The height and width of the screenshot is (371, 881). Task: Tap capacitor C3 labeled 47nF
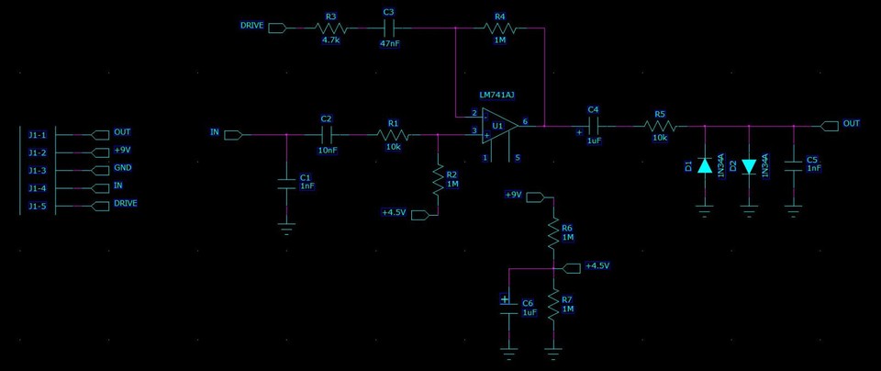pos(388,28)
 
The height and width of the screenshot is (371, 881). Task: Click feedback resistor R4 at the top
pos(499,28)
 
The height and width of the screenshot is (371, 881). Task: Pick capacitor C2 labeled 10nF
pos(326,135)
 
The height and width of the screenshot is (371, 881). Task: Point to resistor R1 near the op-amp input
pos(393,135)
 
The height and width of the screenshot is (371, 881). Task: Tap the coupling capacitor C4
pos(593,125)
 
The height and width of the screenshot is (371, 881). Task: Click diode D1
pos(705,166)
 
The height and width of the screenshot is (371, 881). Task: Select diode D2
pos(749,166)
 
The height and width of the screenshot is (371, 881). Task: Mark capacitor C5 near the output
pos(793,166)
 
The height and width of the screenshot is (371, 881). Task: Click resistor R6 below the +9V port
pos(553,233)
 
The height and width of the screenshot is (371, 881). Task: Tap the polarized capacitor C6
pos(508,307)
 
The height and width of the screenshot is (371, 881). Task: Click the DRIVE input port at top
pos(276,28)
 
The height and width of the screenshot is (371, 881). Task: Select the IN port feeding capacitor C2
pos(232,135)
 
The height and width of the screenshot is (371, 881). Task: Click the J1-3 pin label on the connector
pos(37,170)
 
